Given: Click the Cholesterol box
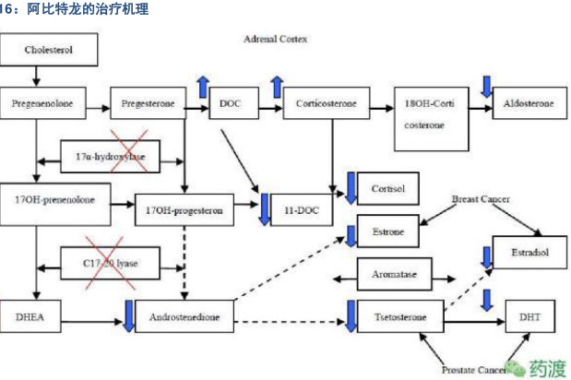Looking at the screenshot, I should tap(48, 49).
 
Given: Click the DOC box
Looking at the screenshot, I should tap(231, 104).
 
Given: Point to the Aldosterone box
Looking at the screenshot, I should tap(529, 104).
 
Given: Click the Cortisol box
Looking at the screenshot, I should tap(387, 188).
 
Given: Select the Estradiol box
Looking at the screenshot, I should tap(529, 252).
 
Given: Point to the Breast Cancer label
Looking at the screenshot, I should tap(481, 199).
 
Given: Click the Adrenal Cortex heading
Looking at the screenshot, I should tap(276, 41).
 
